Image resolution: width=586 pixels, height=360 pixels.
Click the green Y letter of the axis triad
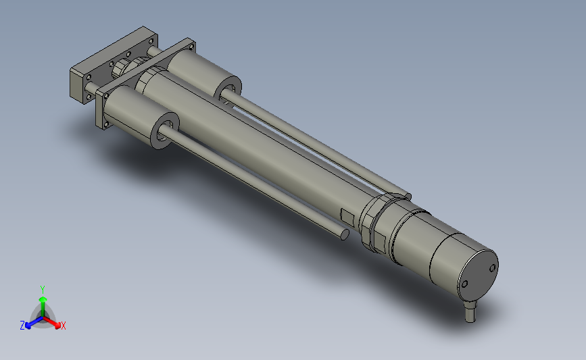pyautogui.click(x=43, y=289)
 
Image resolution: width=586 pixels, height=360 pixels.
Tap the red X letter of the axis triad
pyautogui.click(x=64, y=326)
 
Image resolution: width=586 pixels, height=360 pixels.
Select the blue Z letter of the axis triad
pyautogui.click(x=22, y=326)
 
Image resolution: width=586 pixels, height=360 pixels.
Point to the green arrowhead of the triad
pyautogui.click(x=43, y=298)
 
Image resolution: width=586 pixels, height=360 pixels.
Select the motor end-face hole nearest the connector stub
pyautogui.click(x=464, y=284)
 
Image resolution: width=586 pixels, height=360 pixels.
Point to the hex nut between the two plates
pyautogui.click(x=122, y=66)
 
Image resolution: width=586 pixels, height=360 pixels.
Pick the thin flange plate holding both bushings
pyautogui.click(x=103, y=108)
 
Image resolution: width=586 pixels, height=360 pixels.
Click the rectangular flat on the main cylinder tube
pyautogui.click(x=347, y=217)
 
